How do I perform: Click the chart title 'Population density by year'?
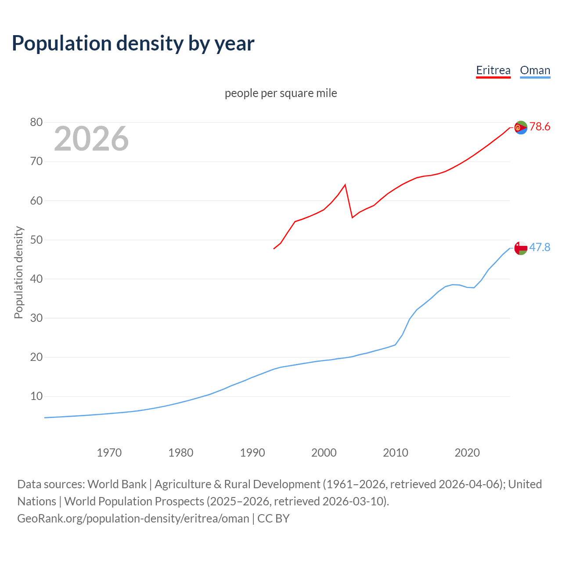(133, 43)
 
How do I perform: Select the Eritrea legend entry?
(493, 70)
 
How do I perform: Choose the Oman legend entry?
(535, 70)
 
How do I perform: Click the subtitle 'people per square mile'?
(281, 93)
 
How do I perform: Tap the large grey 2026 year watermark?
(91, 139)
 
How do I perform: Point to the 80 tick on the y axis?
(36, 122)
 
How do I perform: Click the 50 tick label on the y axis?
(36, 240)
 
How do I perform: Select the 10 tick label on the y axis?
(36, 396)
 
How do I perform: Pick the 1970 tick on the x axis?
(109, 453)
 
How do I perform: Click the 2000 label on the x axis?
(324, 453)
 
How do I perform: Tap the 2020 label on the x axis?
(467, 453)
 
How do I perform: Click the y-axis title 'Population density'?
(18, 272)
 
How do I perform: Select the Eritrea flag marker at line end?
(521, 127)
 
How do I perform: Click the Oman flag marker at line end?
(521, 248)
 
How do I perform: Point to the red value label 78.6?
(540, 127)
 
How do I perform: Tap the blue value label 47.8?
(540, 248)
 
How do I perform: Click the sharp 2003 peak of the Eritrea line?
(345, 184)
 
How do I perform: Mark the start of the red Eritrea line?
(274, 249)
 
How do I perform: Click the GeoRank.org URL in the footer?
(133, 519)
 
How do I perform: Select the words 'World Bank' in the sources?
(117, 484)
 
